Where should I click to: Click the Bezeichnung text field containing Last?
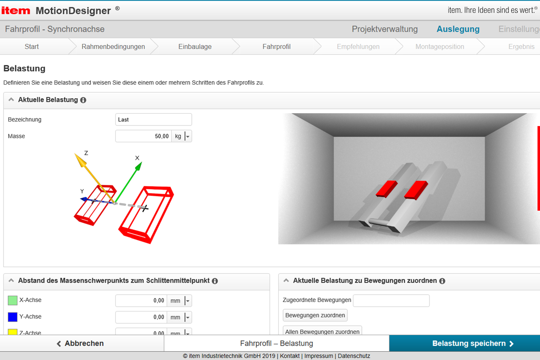pyautogui.click(x=154, y=119)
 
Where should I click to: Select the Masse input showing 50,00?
pyautogui.click(x=143, y=136)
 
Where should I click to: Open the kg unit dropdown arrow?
pyautogui.click(x=188, y=136)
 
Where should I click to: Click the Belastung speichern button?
pyautogui.click(x=464, y=343)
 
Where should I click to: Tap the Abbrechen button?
pyautogui.click(x=82, y=343)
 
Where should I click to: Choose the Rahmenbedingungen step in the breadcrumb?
pyautogui.click(x=113, y=47)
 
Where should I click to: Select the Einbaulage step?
pyautogui.click(x=195, y=47)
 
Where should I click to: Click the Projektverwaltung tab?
pyautogui.click(x=385, y=29)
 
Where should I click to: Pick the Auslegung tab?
pyautogui.click(x=458, y=29)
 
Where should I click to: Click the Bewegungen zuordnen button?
pyautogui.click(x=315, y=315)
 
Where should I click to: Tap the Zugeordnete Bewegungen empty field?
pyautogui.click(x=391, y=301)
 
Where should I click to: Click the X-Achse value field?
pyautogui.click(x=141, y=301)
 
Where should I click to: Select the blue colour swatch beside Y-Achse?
pyautogui.click(x=12, y=317)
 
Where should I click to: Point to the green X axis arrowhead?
pyautogui.click(x=139, y=166)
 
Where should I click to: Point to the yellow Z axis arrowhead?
pyautogui.click(x=80, y=160)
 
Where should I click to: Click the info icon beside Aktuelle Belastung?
pyautogui.click(x=83, y=100)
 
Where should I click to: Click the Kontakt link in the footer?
pyautogui.click(x=290, y=356)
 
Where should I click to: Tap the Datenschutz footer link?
pyautogui.click(x=354, y=356)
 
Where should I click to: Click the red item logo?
pyautogui.click(x=16, y=11)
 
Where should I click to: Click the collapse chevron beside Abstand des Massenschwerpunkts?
pyautogui.click(x=11, y=280)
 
